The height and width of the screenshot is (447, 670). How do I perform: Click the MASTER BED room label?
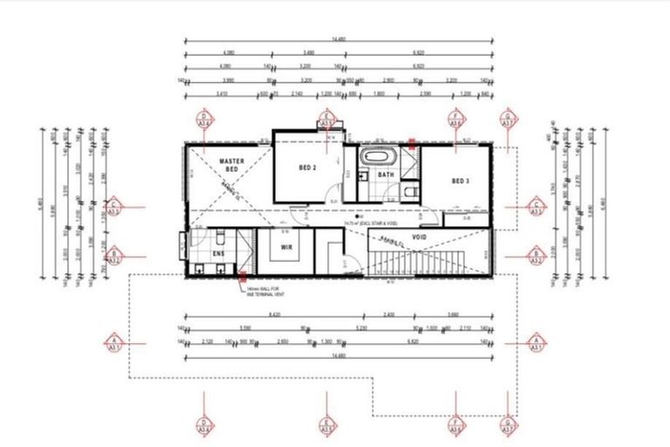pyautogui.click(x=230, y=166)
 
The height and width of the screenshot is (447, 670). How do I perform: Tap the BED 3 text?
pyautogui.click(x=461, y=181)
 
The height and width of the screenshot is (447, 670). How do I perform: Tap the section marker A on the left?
pyautogui.click(x=113, y=341)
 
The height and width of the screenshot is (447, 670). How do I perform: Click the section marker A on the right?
pyautogui.click(x=537, y=341)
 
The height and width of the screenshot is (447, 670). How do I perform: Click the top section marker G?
pyautogui.click(x=507, y=120)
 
